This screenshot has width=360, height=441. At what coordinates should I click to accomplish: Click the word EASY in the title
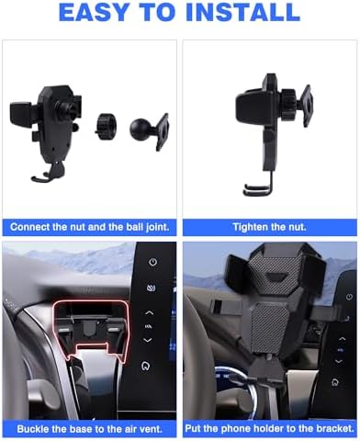[x=94, y=12]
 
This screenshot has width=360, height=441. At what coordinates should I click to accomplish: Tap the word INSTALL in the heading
[x=242, y=12]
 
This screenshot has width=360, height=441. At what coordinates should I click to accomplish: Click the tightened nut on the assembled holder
[x=288, y=100]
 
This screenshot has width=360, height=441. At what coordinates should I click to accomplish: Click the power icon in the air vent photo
[x=152, y=262]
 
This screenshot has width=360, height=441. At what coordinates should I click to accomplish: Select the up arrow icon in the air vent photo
[x=149, y=312]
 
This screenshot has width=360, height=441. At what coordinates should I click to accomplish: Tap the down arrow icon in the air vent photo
[x=148, y=340]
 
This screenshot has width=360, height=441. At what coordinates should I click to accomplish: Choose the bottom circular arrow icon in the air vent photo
[x=146, y=366]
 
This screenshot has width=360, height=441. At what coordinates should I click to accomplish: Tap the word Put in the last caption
[x=193, y=428]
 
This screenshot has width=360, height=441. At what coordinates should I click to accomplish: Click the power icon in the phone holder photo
[x=349, y=297]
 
